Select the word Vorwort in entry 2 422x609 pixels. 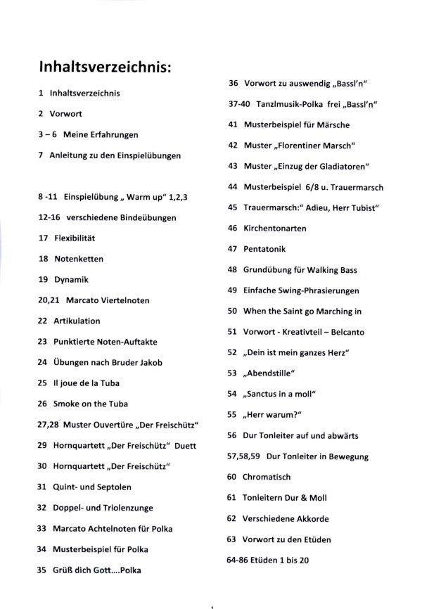tap(65, 113)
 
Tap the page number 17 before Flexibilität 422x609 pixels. tap(44, 238)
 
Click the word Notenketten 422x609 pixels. tap(79, 259)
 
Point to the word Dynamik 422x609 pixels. tap(72, 279)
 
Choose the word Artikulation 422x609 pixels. tap(77, 321)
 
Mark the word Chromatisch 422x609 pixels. tap(267, 477)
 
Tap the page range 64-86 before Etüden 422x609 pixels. tap(238, 560)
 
